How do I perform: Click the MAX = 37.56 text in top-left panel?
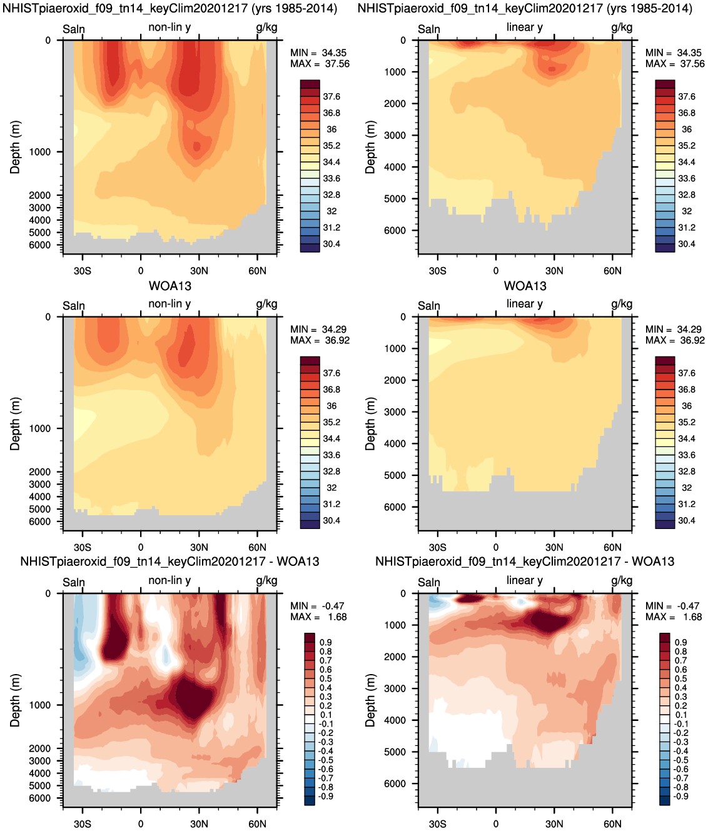click(320, 64)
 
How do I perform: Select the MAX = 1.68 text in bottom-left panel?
click(318, 617)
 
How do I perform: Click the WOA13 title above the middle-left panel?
click(169, 286)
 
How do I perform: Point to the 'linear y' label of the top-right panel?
click(524, 28)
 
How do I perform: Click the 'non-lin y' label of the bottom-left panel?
click(169, 580)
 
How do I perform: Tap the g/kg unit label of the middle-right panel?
click(622, 304)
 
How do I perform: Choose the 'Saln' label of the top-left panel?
click(74, 29)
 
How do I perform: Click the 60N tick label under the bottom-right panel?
click(612, 824)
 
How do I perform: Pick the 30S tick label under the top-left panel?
click(82, 271)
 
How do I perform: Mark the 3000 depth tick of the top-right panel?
click(395, 135)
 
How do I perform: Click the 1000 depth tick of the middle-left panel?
click(39, 428)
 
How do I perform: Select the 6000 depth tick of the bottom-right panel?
click(395, 783)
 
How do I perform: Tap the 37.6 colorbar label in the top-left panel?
click(331, 96)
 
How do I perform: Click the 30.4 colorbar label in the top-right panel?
click(686, 244)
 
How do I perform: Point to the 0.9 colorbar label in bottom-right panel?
click(680, 642)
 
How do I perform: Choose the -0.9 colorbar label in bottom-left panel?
click(326, 796)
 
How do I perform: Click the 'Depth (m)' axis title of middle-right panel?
click(370, 424)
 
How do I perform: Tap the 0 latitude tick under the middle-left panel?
click(141, 548)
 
